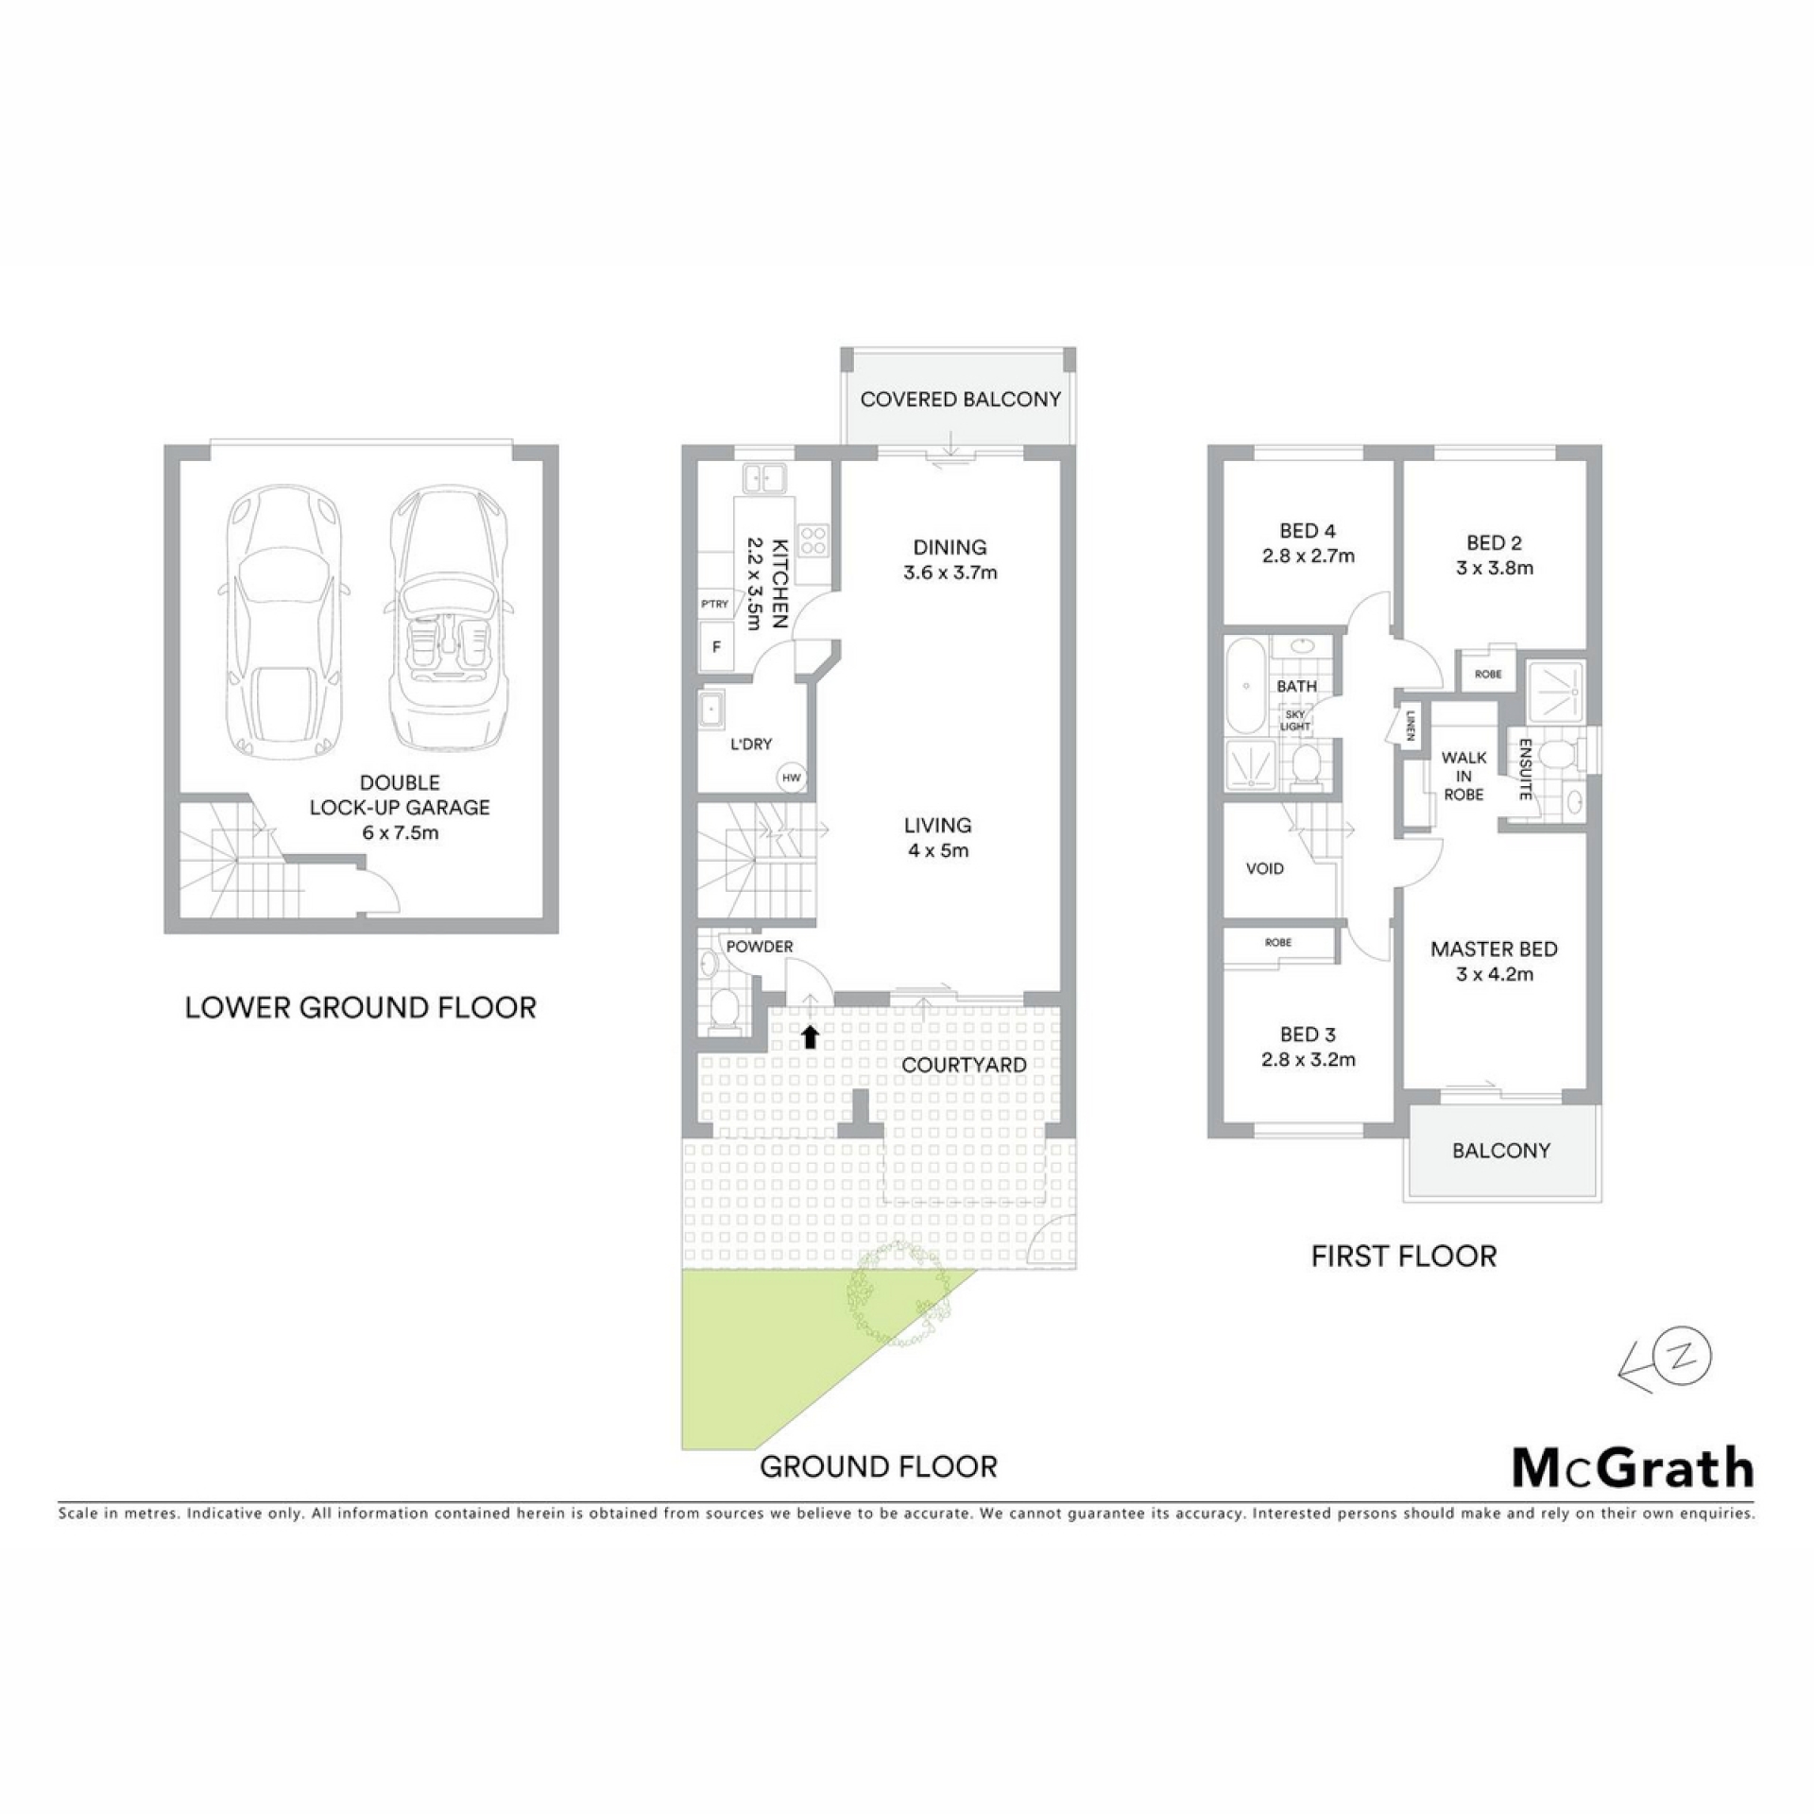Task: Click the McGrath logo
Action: (1634, 1467)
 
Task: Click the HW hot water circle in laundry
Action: (791, 779)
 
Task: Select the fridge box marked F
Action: (715, 647)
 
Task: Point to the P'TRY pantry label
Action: (715, 604)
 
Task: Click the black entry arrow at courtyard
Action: (810, 1037)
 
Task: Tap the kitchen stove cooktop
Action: (813, 540)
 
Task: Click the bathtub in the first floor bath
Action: (1245, 686)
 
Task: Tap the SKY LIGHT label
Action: (1295, 721)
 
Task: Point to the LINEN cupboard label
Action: (1411, 727)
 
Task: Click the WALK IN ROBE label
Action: (1463, 776)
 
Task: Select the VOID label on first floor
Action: (1265, 869)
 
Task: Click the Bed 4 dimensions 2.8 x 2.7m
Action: (1309, 556)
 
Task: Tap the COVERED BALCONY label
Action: (961, 400)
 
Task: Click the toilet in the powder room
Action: (725, 1010)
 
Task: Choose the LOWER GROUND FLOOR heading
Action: (361, 1007)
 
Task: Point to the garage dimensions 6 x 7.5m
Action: (401, 832)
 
